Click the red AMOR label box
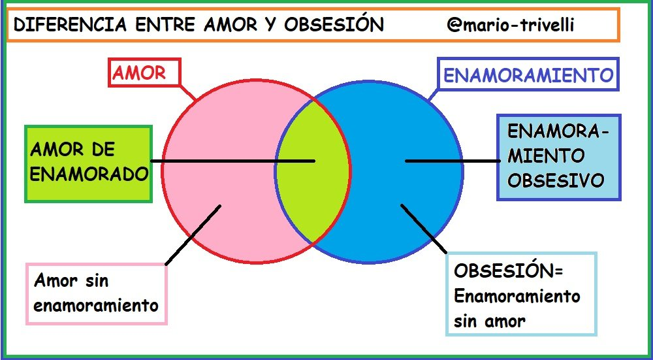pyautogui.click(x=144, y=73)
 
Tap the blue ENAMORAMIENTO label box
pyautogui.click(x=528, y=74)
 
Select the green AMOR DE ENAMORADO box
pyautogui.click(x=88, y=164)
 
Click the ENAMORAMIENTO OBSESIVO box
pyautogui.click(x=559, y=157)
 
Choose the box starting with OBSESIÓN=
pyautogui.click(x=521, y=294)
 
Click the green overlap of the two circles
pyautogui.click(x=312, y=171)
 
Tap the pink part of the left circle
pyautogui.click(x=221, y=171)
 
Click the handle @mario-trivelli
pyautogui.click(x=511, y=25)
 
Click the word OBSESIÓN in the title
pyautogui.click(x=334, y=24)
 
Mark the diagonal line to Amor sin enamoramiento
pyautogui.click(x=193, y=235)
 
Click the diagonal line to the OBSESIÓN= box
pyautogui.click(x=424, y=228)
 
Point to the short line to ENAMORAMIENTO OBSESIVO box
pyautogui.click(x=453, y=161)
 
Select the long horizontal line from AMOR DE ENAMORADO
pyautogui.click(x=233, y=161)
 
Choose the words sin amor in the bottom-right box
pyautogui.click(x=489, y=321)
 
